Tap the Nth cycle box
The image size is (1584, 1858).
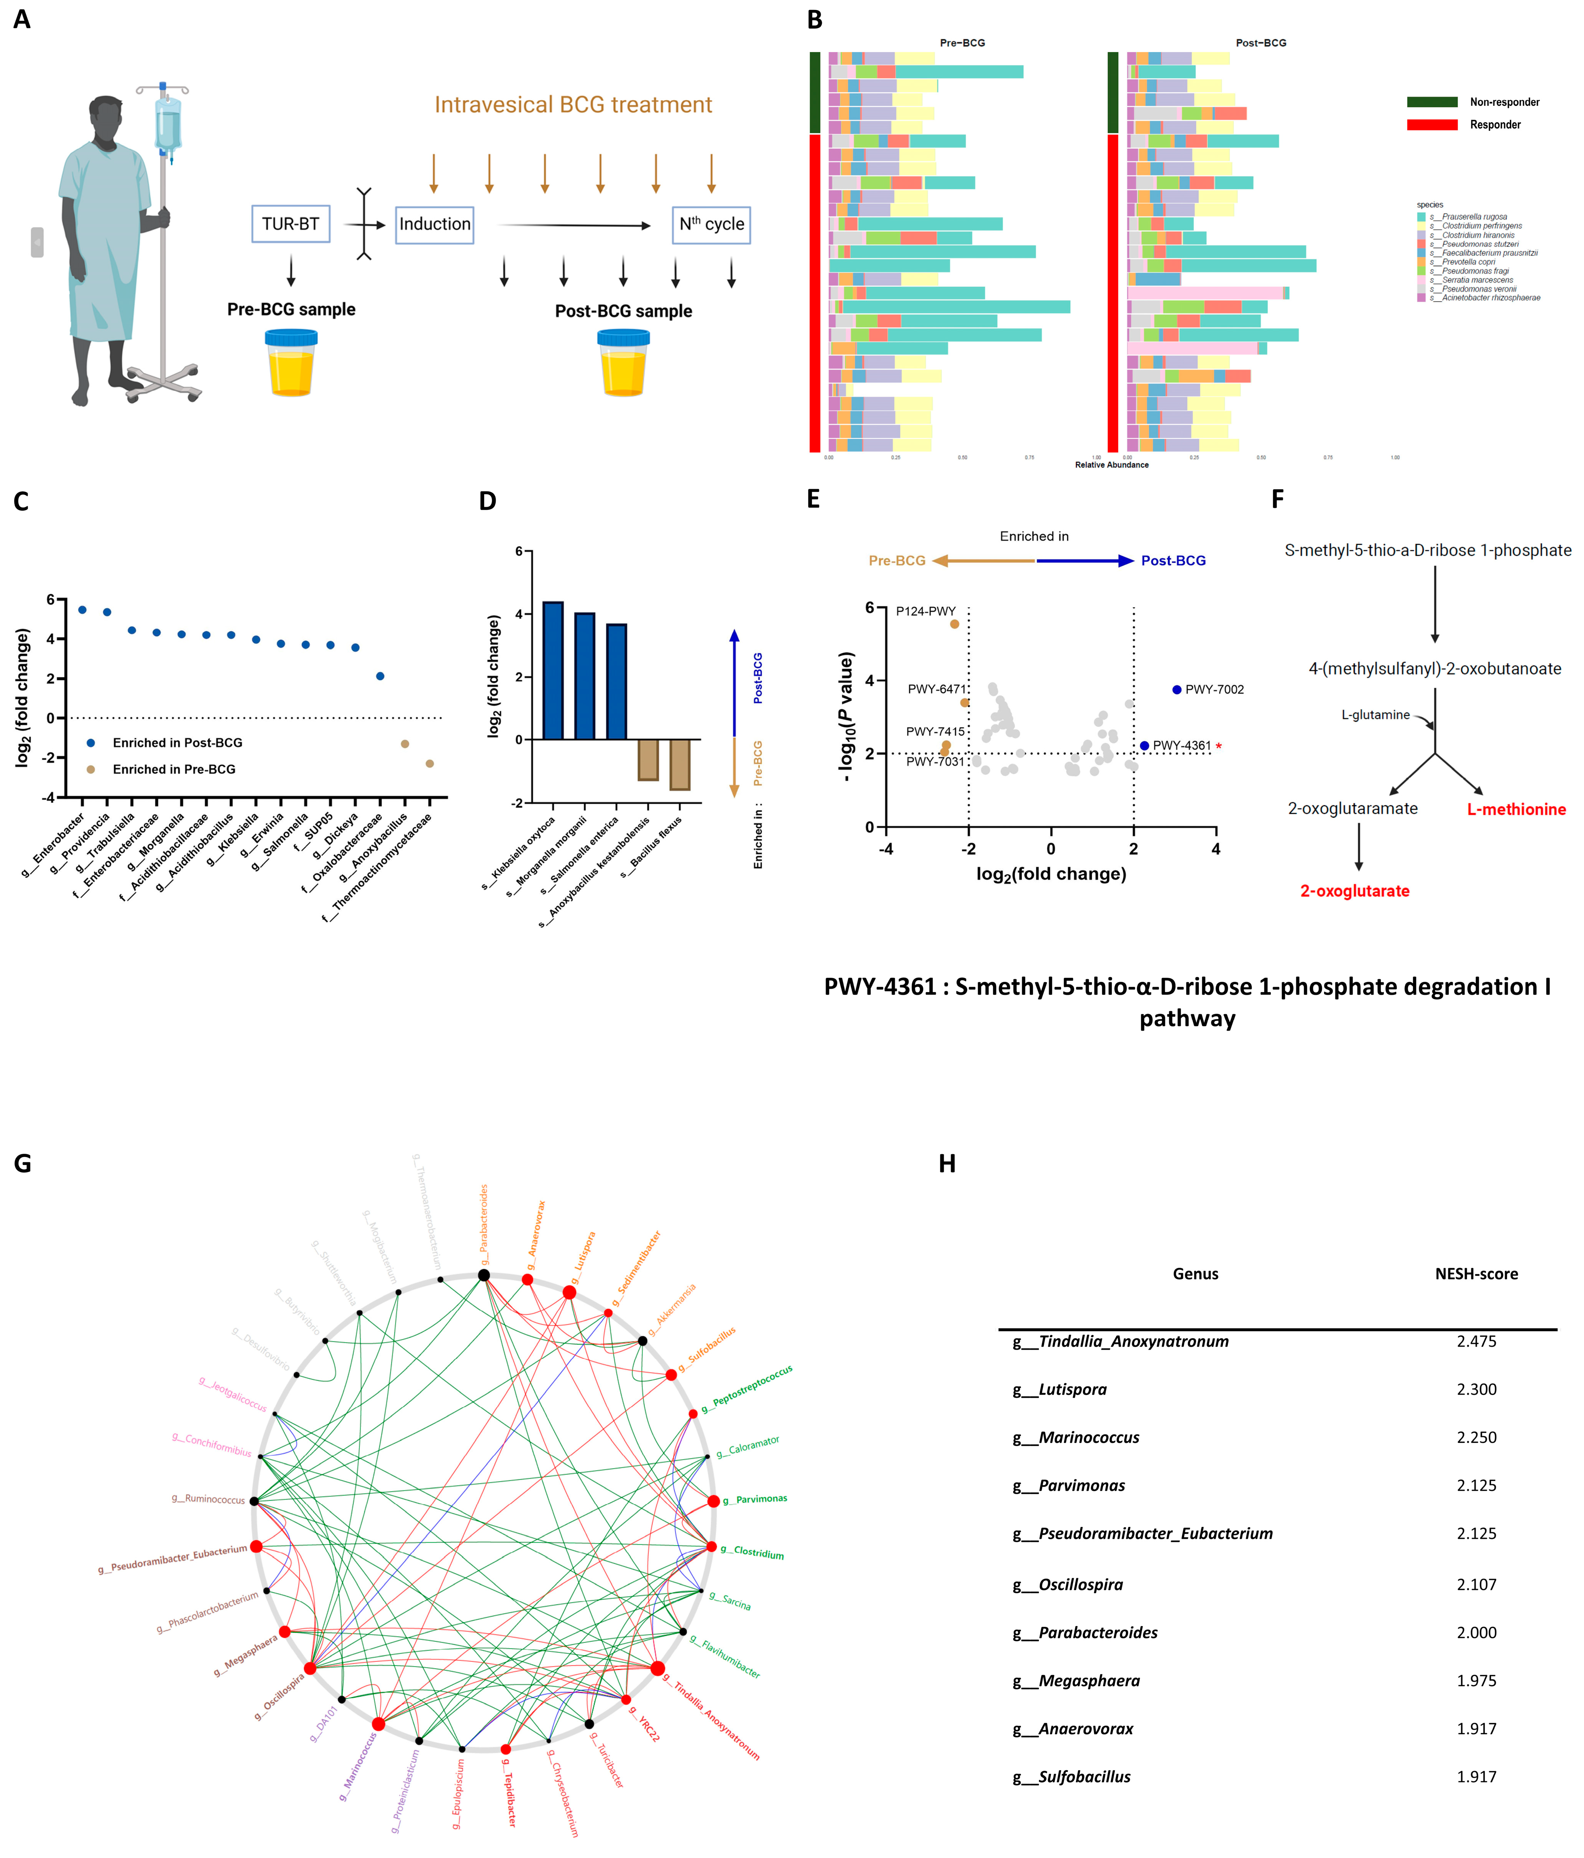[x=711, y=224]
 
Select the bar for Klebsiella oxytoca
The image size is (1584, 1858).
[x=554, y=671]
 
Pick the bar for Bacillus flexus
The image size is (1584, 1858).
[x=680, y=764]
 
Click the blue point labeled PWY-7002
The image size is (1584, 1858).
[x=1177, y=690]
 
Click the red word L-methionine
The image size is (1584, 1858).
[x=1516, y=810]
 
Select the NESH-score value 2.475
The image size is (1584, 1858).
[x=1476, y=1342]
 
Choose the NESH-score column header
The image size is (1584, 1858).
[x=1476, y=1274]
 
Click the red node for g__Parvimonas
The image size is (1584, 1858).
[x=713, y=1501]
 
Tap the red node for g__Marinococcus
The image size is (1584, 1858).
[x=378, y=1724]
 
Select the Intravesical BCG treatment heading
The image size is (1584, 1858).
[x=573, y=105]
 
